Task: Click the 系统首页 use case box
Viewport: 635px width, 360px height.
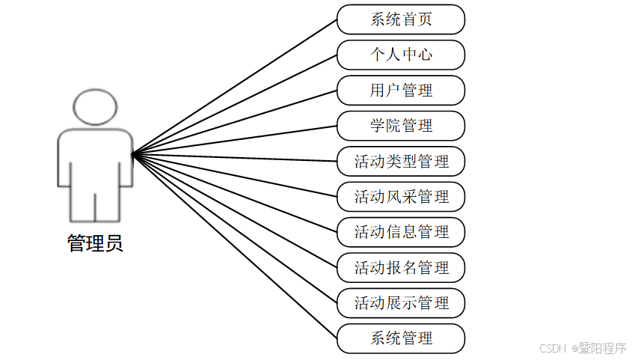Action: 401,19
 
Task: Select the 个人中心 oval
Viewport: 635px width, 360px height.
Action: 401,55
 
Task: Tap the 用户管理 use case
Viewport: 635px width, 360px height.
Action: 401,91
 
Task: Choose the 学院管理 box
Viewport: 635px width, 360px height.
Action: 401,126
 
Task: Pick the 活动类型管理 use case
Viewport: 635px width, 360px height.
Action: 401,162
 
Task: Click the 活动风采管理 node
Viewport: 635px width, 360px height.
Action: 401,197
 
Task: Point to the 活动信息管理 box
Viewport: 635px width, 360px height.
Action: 401,232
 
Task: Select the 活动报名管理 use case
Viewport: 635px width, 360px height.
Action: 401,268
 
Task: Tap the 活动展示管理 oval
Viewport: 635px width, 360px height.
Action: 401,303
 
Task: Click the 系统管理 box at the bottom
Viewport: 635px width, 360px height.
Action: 401,338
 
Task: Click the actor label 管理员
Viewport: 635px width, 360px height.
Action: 95,243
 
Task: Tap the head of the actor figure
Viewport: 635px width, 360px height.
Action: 95,107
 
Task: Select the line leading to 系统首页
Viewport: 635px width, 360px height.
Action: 234,87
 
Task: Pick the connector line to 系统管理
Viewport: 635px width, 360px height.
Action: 234,246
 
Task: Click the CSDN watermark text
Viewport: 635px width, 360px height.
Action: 552,348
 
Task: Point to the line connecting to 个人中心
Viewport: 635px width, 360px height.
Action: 234,105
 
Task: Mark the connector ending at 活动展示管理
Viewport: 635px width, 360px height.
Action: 234,228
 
